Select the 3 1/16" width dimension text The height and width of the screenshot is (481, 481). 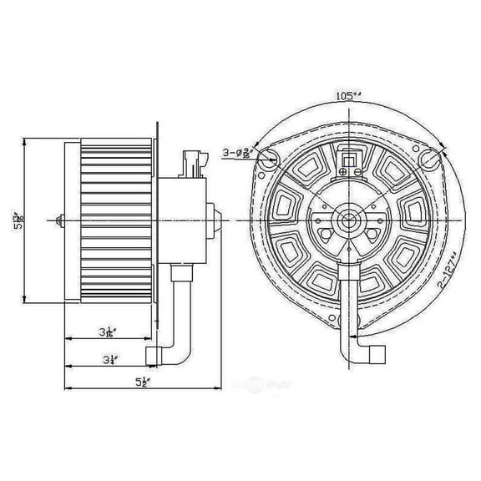[x=106, y=332]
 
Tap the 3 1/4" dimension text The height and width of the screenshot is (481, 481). [x=109, y=361]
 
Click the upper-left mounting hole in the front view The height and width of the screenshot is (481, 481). [x=267, y=164]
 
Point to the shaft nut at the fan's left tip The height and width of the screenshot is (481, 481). [x=58, y=220]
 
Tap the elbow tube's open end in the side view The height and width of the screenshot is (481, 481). [x=150, y=355]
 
